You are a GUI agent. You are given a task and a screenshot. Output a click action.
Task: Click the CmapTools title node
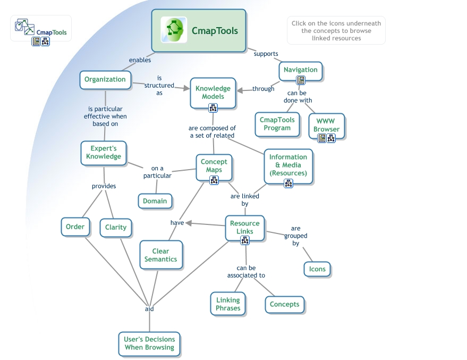tap(199, 30)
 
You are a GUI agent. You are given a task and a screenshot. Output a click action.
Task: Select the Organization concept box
tap(105, 80)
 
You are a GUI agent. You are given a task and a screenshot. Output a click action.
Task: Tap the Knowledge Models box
tap(213, 93)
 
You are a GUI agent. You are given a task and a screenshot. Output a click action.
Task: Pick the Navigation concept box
tap(301, 70)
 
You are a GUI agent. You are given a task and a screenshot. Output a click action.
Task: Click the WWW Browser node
tap(326, 125)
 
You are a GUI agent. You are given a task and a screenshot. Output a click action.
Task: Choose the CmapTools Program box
tap(277, 124)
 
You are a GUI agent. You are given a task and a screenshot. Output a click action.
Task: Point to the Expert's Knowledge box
tap(103, 153)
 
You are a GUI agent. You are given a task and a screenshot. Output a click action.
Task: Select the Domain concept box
tap(155, 201)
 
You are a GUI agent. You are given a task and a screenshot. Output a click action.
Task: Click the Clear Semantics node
tap(160, 255)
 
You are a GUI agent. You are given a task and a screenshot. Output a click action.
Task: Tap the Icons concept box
tap(317, 269)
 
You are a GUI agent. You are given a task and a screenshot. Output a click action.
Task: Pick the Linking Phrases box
tap(228, 304)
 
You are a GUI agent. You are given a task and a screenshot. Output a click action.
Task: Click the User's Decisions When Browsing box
tap(149, 344)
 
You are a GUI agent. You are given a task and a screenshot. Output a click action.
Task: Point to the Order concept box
tap(75, 227)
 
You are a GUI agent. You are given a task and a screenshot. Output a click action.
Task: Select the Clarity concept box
tap(116, 228)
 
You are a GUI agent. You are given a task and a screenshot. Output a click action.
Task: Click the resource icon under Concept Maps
tap(214, 180)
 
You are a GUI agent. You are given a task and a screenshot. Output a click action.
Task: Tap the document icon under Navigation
tap(301, 80)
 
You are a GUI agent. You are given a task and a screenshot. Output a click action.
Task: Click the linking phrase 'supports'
tap(266, 54)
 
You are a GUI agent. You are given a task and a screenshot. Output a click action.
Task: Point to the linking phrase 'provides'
tap(104, 186)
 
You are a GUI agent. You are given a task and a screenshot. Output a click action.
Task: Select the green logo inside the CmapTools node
tap(174, 30)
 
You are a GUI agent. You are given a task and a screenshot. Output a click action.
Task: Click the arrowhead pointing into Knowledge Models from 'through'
tap(240, 90)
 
